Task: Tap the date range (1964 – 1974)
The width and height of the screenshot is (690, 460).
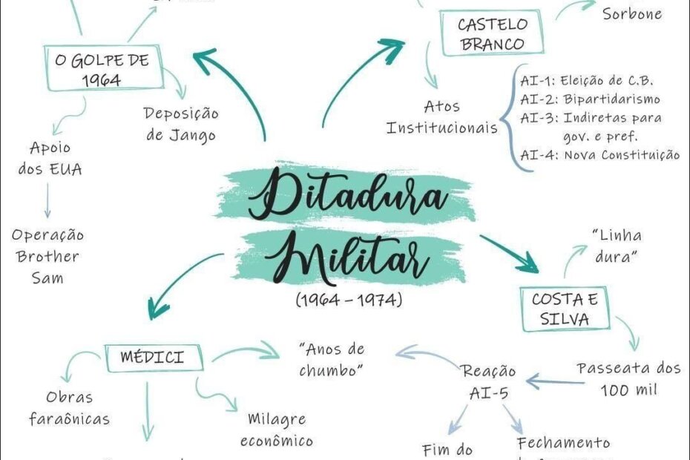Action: (x=349, y=300)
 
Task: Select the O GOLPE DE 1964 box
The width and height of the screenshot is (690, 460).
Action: (x=102, y=70)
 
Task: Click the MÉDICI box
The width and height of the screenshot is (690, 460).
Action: (x=154, y=358)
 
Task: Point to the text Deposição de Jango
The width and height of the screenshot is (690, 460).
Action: (x=182, y=125)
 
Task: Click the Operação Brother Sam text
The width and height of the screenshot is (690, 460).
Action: (x=48, y=256)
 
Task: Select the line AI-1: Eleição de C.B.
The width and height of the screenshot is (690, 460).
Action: (x=587, y=81)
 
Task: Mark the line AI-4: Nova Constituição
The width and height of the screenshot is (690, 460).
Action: (x=599, y=154)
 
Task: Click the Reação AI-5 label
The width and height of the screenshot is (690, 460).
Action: (x=488, y=381)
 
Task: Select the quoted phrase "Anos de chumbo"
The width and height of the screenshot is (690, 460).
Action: (x=331, y=359)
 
